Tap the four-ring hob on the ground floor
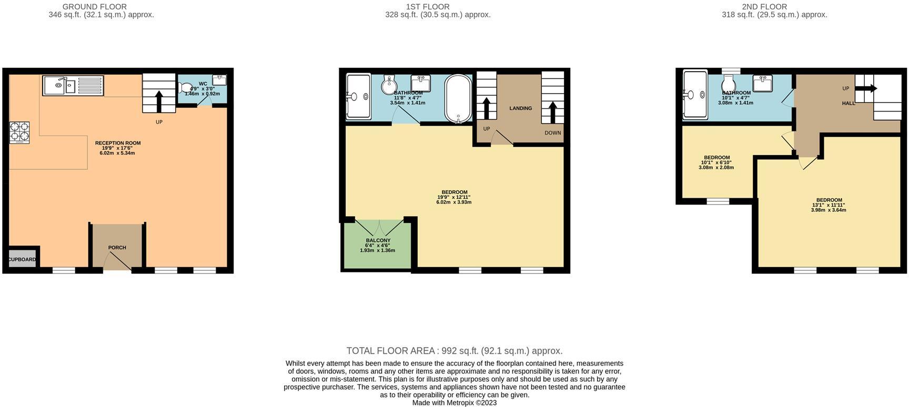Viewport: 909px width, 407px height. [19, 132]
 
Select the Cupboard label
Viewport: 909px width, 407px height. [22, 259]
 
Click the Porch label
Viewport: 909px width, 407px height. [117, 248]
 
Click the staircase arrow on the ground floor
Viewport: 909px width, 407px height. [159, 101]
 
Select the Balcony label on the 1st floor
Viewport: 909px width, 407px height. [378, 240]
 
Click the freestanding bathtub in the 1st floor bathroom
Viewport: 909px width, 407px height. [458, 98]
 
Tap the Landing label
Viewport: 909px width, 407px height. [520, 108]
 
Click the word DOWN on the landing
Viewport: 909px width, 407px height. [552, 133]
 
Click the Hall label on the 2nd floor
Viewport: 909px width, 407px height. [848, 103]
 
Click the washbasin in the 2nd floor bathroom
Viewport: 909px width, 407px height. [762, 83]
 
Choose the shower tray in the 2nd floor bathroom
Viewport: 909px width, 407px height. [694, 95]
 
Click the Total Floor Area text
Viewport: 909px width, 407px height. [454, 351]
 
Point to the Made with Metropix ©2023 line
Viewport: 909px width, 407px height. [454, 403]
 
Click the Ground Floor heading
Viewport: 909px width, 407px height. [95, 7]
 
